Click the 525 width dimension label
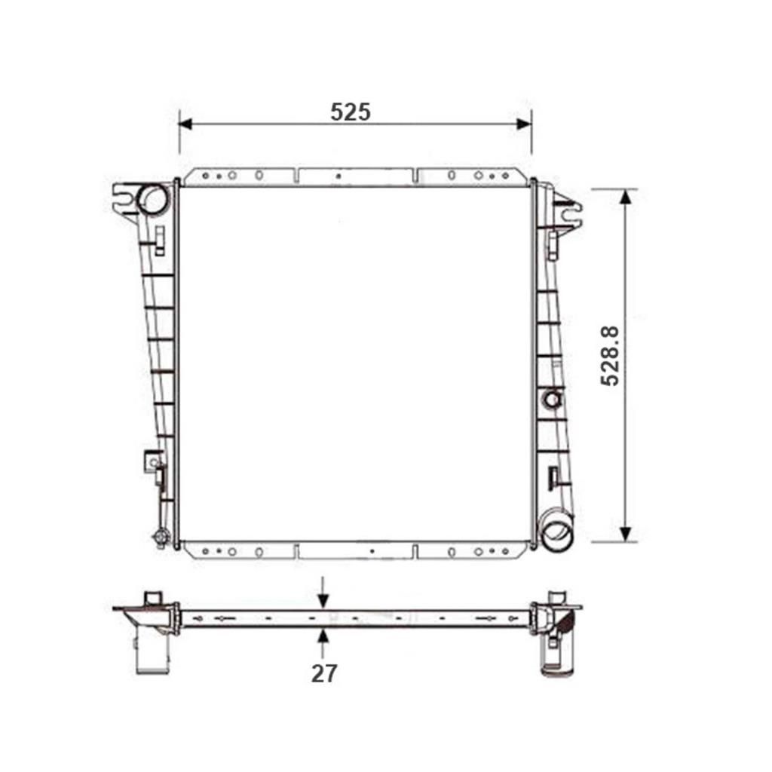[351, 112]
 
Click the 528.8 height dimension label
[610, 356]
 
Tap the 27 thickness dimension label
[324, 673]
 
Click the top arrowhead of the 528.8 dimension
[624, 196]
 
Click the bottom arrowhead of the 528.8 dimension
[624, 534]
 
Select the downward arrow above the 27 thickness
[323, 599]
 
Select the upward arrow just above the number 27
[323, 637]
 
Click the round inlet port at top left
[154, 198]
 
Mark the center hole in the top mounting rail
[339, 176]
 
